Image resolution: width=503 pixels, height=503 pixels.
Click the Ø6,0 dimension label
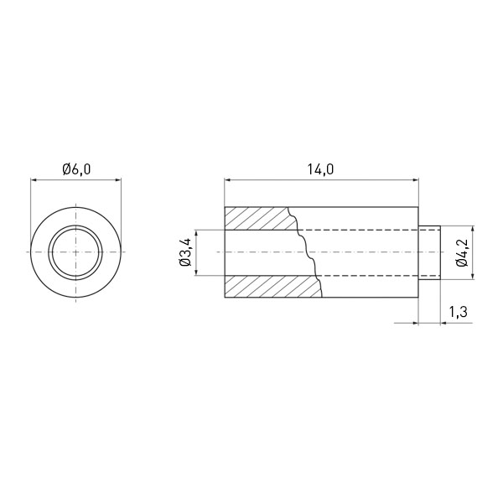point(76,169)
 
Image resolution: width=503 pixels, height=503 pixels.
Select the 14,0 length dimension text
point(321,169)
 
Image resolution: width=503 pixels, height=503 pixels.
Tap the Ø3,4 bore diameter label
point(186,252)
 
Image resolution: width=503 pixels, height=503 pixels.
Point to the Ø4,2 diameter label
point(462,252)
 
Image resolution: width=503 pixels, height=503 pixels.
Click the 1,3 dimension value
point(458,312)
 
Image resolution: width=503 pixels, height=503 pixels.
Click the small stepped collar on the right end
point(429,252)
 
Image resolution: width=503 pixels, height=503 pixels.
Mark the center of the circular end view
point(75,252)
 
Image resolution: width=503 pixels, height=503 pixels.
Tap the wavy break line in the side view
point(305,252)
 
